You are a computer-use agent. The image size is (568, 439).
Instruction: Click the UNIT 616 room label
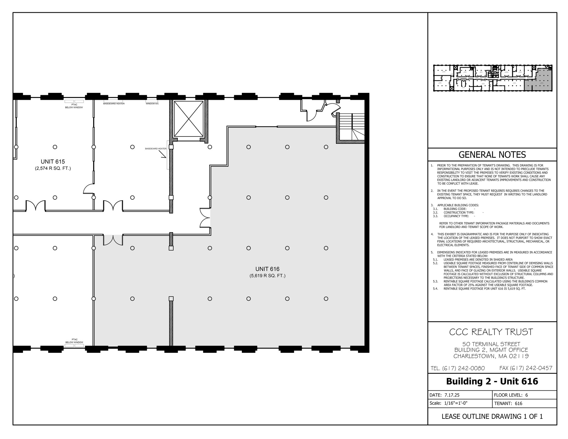click(x=267, y=269)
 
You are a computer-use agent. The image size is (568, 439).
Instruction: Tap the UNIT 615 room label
click(x=53, y=162)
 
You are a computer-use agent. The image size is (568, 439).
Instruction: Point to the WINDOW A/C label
click(x=152, y=104)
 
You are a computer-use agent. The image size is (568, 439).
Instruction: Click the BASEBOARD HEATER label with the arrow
click(x=156, y=149)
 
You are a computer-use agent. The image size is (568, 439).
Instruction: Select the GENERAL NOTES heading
click(x=492, y=154)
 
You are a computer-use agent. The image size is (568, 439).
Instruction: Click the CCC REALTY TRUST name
click(x=491, y=332)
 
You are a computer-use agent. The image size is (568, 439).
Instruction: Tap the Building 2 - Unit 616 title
click(x=492, y=381)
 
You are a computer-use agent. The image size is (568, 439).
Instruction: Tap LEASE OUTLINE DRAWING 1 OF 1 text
click(x=492, y=417)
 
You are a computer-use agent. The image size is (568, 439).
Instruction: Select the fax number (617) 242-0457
click(x=526, y=368)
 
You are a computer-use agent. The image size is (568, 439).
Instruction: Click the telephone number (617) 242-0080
click(x=458, y=368)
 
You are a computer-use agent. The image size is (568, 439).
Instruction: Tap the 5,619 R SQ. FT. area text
click(x=267, y=276)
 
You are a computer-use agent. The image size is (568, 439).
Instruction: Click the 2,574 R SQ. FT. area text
click(x=53, y=168)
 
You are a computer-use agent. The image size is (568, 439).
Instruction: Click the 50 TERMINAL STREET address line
click(x=491, y=344)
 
